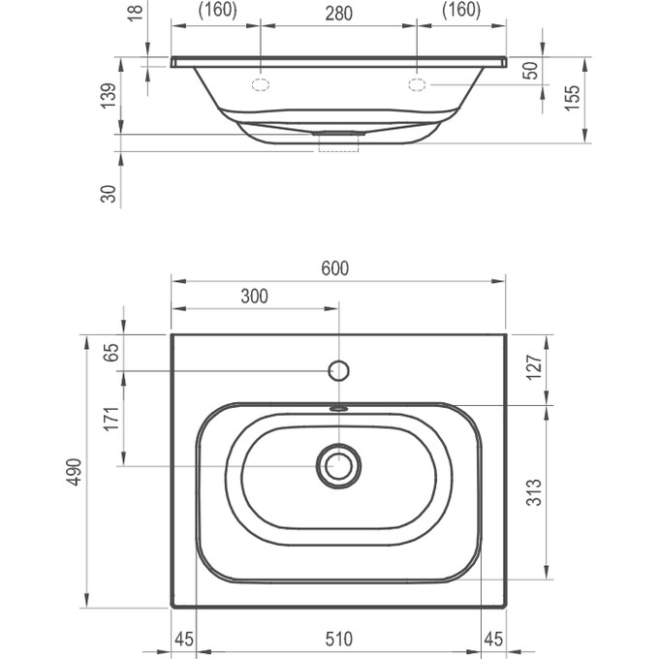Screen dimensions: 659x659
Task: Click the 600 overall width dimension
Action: [334, 268]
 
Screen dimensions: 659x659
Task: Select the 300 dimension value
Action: [254, 297]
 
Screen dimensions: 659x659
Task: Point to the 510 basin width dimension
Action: [338, 639]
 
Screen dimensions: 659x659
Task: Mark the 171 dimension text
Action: [112, 419]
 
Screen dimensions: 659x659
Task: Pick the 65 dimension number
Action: [112, 352]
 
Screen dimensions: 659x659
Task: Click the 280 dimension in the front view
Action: [337, 13]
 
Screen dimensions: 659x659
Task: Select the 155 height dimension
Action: [573, 97]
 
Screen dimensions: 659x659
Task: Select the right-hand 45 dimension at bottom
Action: [493, 639]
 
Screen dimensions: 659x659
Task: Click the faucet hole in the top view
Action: [339, 370]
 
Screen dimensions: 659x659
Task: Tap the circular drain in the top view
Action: [339, 465]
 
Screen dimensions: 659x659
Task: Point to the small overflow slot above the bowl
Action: [339, 408]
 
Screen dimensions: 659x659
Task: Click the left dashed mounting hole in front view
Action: [260, 85]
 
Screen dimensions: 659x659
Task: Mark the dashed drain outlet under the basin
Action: [339, 144]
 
